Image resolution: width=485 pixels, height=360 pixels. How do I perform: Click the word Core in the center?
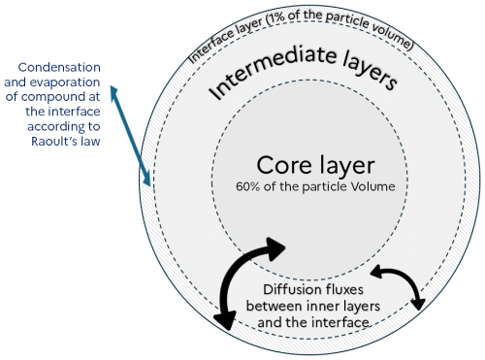(282, 164)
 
